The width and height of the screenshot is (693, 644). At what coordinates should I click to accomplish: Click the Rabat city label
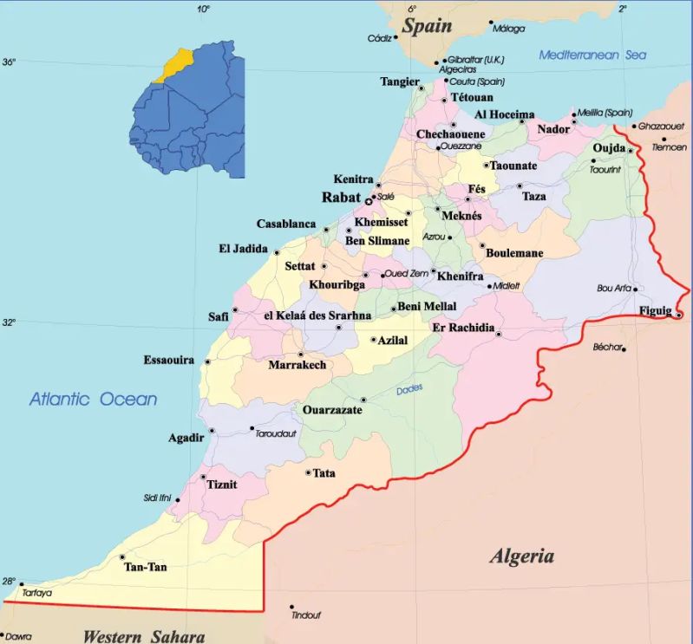tap(340, 198)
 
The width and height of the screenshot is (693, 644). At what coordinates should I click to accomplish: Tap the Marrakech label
tap(297, 365)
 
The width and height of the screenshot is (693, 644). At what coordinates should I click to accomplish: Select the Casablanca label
tap(285, 224)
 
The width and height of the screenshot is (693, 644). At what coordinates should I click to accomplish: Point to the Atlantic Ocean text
tap(94, 400)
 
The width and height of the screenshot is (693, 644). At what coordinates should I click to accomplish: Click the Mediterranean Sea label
tap(592, 55)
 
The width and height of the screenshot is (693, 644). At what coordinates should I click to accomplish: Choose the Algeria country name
tap(521, 556)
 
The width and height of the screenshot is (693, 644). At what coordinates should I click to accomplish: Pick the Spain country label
tap(427, 25)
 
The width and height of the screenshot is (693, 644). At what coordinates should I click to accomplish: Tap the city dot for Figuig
tap(678, 315)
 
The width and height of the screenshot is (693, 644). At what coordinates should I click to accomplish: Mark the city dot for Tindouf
tap(292, 607)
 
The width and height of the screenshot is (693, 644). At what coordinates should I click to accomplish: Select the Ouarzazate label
tap(332, 409)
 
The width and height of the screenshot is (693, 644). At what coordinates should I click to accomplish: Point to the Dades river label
tap(409, 389)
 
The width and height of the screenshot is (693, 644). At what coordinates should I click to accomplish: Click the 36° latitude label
tap(9, 62)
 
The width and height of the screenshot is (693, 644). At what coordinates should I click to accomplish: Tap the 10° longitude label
tap(203, 9)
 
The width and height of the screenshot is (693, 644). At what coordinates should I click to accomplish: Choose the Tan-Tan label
tap(146, 567)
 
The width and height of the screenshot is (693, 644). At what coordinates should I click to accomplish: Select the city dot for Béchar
tap(624, 348)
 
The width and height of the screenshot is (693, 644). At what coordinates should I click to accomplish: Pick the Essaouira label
tap(168, 360)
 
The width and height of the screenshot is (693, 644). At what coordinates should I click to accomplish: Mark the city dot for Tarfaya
tap(22, 583)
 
